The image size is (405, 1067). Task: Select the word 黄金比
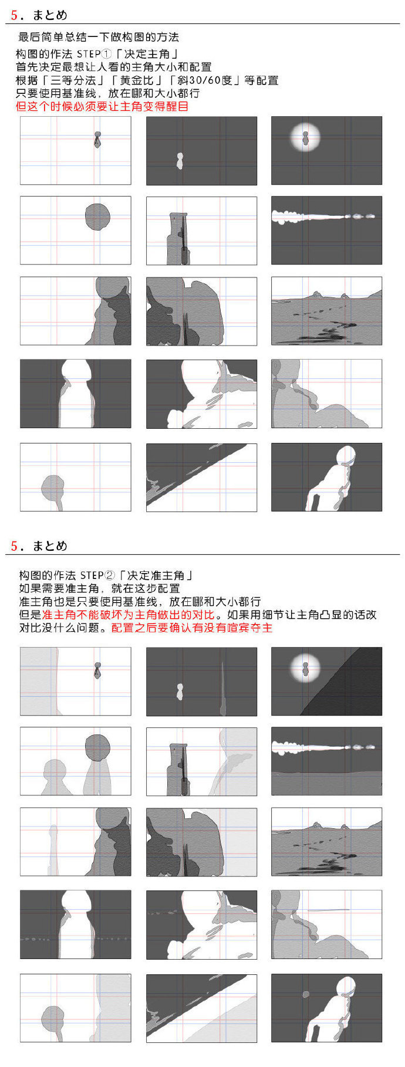134,80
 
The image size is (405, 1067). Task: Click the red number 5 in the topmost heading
14,15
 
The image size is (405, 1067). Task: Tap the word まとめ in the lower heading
49,546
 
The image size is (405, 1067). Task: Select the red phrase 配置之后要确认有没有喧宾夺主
192,628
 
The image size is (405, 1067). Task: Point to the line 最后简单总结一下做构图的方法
99,37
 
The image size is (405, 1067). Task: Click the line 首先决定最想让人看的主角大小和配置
114,67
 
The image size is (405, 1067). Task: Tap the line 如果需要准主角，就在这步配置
99,588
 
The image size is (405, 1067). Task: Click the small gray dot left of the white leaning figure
305,994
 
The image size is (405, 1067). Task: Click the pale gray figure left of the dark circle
54,777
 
